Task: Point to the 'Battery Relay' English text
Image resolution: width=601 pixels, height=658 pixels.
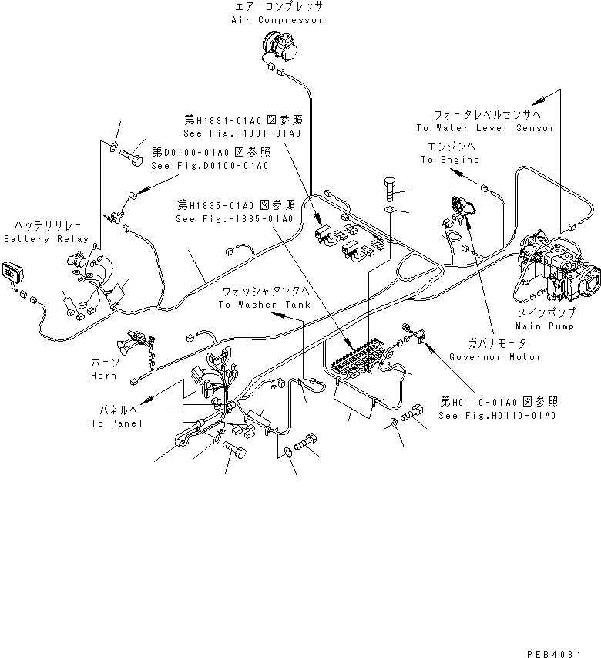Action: [45, 239]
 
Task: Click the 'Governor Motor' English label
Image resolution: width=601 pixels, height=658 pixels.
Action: [495, 356]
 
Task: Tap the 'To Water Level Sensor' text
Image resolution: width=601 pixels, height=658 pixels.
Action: [485, 128]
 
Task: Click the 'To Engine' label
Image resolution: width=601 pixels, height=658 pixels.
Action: [449, 160]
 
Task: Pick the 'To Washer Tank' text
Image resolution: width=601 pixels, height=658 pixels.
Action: [253, 305]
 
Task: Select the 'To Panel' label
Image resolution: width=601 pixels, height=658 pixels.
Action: [116, 423]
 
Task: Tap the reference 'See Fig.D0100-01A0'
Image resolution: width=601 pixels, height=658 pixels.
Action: [210, 166]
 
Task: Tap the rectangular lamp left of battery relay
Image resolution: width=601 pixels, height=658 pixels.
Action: [12, 272]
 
